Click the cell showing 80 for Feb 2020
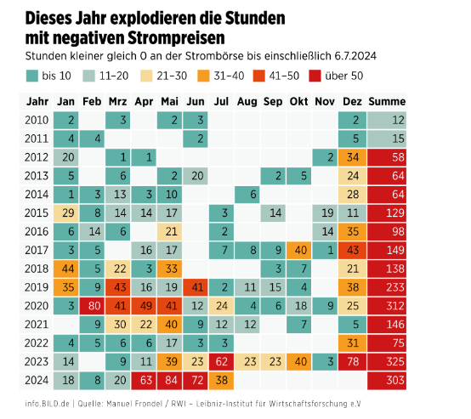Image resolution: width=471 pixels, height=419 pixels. (x=94, y=305)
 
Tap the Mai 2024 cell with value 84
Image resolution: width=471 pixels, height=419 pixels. (x=170, y=379)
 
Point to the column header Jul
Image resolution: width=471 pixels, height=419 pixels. (x=221, y=102)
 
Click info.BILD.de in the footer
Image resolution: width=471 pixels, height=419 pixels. (x=48, y=402)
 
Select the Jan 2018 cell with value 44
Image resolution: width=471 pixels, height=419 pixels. (x=68, y=268)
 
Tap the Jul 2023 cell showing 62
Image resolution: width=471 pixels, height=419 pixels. (x=221, y=360)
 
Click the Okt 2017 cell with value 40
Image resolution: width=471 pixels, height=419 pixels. (x=298, y=249)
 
